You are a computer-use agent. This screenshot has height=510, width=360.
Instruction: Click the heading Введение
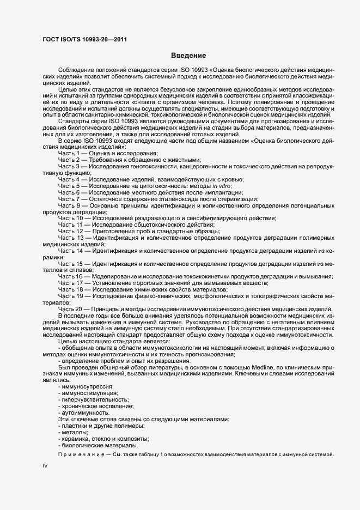tap(188, 56)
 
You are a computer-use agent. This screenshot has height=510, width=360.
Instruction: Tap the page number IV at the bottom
tap(45, 467)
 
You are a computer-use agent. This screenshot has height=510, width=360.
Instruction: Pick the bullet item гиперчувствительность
tap(91, 399)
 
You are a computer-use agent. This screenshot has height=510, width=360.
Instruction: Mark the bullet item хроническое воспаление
tap(94, 406)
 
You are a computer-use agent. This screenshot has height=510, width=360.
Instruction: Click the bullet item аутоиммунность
tap(83, 412)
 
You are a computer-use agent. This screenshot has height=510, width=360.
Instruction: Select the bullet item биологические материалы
tap(91, 445)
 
